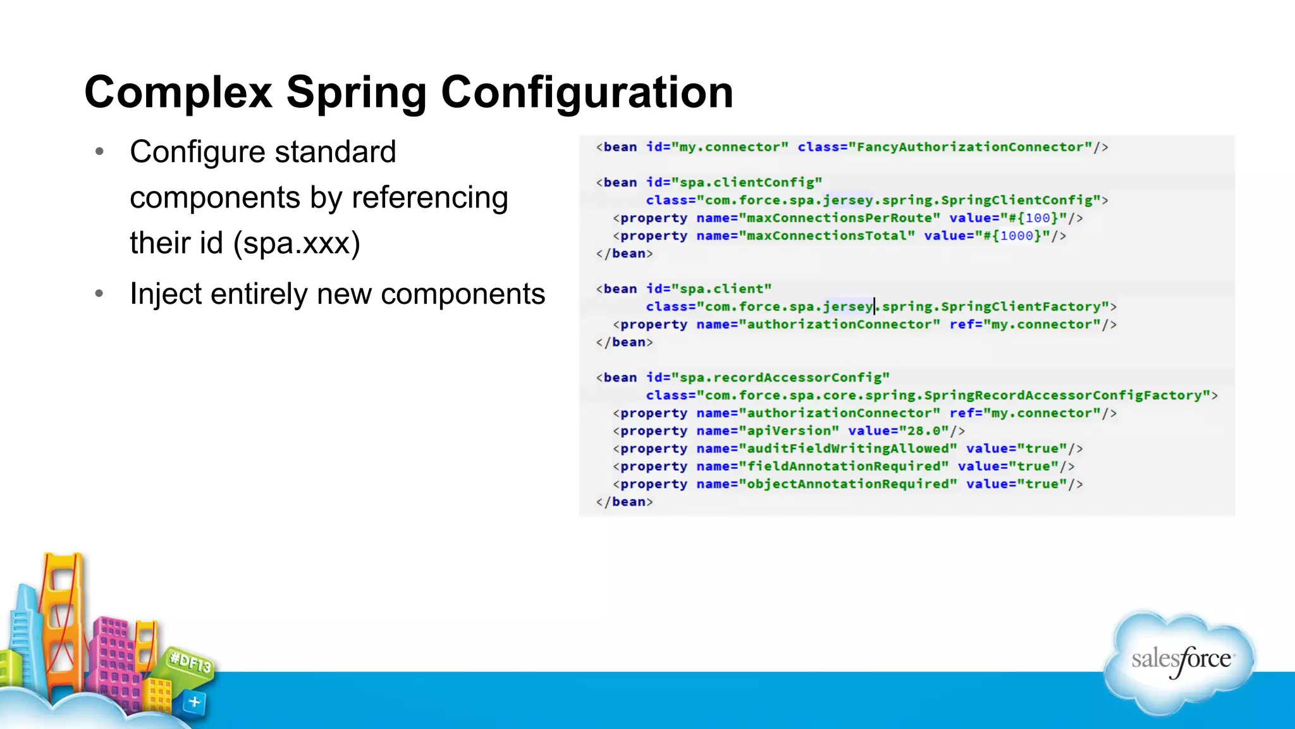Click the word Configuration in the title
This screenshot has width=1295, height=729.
(587, 92)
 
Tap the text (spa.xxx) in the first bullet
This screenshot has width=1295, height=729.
(297, 243)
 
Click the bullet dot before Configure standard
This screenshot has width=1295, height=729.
(99, 152)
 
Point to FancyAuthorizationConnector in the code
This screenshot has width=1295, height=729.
(974, 147)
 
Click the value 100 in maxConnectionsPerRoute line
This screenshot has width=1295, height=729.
(1037, 218)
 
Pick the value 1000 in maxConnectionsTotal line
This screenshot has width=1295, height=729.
(1017, 236)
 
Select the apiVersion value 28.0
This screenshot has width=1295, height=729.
(924, 431)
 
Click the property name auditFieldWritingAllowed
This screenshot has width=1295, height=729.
(847, 449)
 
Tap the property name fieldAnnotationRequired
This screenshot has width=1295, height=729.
(844, 466)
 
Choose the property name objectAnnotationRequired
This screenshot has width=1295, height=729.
(847, 484)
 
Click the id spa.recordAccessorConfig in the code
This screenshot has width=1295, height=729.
(784, 378)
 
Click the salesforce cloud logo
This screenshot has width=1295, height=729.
(1180, 661)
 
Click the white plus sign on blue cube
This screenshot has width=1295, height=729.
(194, 702)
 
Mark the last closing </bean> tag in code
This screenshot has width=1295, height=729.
(624, 502)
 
